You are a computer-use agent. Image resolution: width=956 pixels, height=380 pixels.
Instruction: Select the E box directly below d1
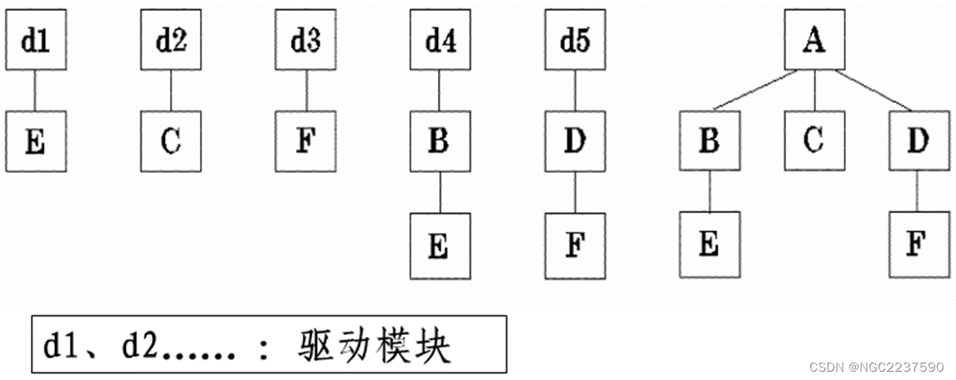tap(34, 142)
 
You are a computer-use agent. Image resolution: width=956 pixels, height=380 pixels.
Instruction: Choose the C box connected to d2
tap(170, 142)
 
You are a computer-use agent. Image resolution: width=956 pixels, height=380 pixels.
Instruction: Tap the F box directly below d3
tap(306, 142)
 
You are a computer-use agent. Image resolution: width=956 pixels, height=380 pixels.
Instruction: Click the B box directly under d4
tap(440, 142)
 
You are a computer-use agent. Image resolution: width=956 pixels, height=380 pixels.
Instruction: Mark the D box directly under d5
tap(575, 142)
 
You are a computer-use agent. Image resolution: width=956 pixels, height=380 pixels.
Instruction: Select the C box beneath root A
tap(814, 142)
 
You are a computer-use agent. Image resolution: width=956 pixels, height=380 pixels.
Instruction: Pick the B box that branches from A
tap(709, 142)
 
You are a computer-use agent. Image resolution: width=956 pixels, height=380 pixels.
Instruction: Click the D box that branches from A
tap(919, 142)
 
